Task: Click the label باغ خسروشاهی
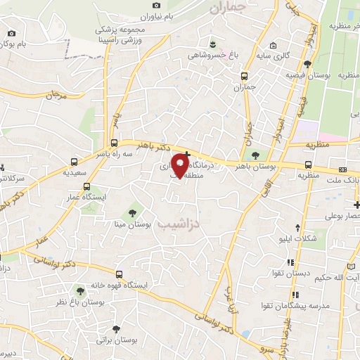tap(208, 54)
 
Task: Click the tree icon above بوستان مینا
tap(131, 212)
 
